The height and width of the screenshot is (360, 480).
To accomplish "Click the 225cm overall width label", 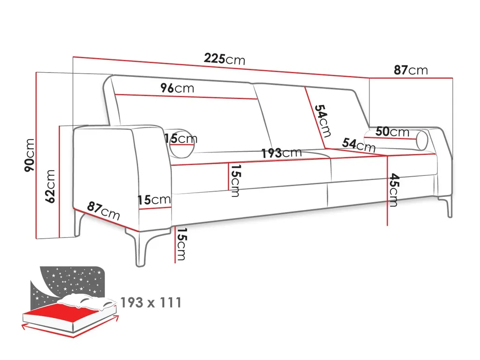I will pyautogui.click(x=224, y=59).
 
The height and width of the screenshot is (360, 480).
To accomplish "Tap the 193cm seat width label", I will pyautogui.click(x=281, y=153).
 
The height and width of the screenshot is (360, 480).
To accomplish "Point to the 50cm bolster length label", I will pyautogui.click(x=392, y=132).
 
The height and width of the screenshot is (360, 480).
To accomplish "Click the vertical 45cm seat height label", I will pyautogui.click(x=393, y=190).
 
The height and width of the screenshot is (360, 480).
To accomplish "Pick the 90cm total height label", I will pyautogui.click(x=29, y=155).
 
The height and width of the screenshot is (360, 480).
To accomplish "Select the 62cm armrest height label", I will pyautogui.click(x=51, y=186).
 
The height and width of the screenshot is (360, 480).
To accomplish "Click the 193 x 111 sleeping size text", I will pyautogui.click(x=150, y=303).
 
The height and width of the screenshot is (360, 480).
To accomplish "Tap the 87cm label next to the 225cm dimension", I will pyautogui.click(x=410, y=70).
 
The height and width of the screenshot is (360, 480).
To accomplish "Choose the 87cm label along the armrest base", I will pyautogui.click(x=104, y=210).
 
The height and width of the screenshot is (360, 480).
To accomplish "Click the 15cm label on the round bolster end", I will pyautogui.click(x=181, y=139).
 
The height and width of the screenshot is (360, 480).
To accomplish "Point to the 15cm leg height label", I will pyautogui.click(x=181, y=244).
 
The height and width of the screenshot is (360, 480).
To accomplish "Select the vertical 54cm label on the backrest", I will pyautogui.click(x=323, y=120).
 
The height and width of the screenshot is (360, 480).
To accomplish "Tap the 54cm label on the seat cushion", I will pyautogui.click(x=358, y=145).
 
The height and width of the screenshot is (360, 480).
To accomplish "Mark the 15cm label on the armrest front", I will pyautogui.click(x=154, y=200).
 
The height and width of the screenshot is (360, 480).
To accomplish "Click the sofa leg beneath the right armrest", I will pyautogui.click(x=449, y=206).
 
